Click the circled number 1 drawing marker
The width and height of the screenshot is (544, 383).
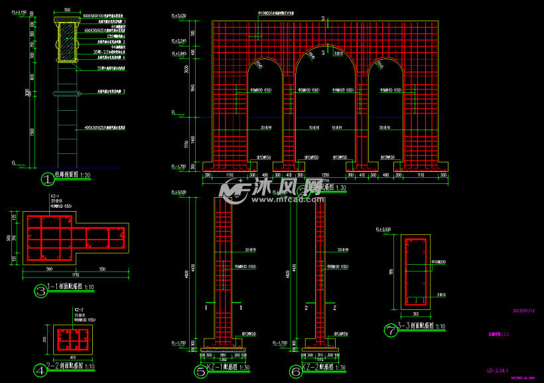47,179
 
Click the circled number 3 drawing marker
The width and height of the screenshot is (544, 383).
41,291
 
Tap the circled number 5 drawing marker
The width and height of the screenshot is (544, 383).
200,372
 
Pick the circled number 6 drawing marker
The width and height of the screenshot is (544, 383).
295,372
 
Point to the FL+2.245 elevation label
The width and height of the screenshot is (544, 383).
179,41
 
